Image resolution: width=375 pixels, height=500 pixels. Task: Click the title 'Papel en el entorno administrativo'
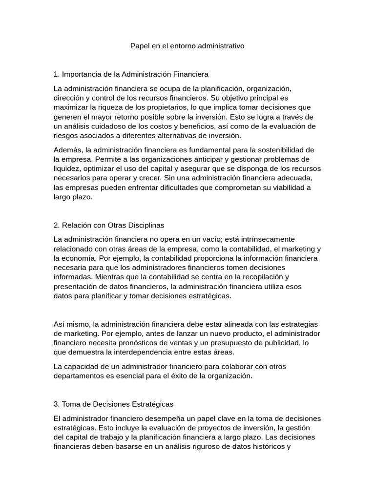(187, 46)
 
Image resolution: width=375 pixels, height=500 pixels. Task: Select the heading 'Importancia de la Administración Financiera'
(135, 74)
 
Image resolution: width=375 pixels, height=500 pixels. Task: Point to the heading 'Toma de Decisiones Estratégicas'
(118, 404)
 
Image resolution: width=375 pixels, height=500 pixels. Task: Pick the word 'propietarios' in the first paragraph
(167, 107)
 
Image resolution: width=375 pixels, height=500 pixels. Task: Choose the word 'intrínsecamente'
(269, 239)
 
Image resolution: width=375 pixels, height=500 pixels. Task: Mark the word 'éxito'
(199, 376)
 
